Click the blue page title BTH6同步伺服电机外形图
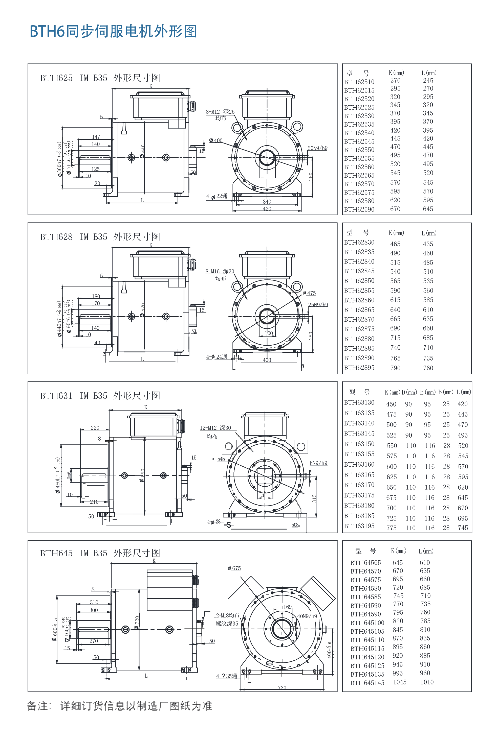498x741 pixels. pos(113,32)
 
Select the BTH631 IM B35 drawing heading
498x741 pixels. pos(99,396)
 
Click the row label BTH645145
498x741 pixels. pos(367,682)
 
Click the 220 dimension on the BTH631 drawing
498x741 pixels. pos(95,427)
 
